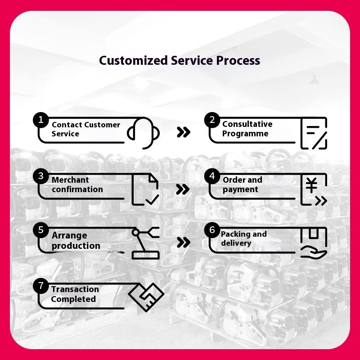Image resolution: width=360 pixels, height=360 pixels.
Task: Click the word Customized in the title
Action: (133, 60)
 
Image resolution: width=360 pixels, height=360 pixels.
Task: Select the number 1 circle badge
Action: (41, 120)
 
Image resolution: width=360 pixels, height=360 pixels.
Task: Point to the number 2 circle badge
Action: (212, 120)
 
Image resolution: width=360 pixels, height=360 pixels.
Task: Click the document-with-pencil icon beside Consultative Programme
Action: (314, 133)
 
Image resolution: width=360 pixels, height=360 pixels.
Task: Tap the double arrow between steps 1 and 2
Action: (184, 132)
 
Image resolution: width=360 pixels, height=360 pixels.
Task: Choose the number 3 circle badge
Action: (41, 176)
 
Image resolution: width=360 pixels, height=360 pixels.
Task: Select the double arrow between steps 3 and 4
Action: (183, 189)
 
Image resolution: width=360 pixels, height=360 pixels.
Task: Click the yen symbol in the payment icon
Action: (311, 185)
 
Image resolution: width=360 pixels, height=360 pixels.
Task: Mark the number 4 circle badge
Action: (212, 176)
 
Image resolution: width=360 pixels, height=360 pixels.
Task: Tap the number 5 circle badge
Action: (41, 230)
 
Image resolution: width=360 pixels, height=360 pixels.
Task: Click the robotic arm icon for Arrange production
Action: (145, 243)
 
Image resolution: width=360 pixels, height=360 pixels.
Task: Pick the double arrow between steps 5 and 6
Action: (184, 242)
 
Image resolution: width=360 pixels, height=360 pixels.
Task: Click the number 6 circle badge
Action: (212, 230)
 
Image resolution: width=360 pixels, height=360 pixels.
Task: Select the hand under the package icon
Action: (314, 252)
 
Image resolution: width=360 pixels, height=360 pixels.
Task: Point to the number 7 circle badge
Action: (41, 286)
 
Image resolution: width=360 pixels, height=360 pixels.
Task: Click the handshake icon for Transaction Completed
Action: (146, 297)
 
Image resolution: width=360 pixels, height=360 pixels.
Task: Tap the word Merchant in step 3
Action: (70, 180)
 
